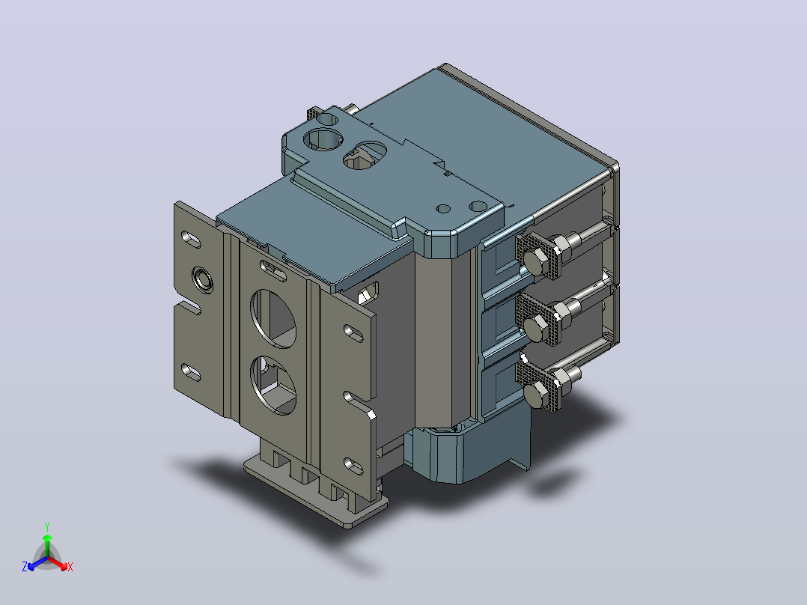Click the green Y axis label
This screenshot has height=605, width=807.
(x=47, y=526)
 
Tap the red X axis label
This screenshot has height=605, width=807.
(x=70, y=567)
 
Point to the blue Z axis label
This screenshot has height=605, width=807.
(x=25, y=567)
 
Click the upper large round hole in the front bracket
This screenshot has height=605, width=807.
(x=273, y=317)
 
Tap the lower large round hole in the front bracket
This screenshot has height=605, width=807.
(x=273, y=385)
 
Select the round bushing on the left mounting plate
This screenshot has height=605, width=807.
(x=202, y=279)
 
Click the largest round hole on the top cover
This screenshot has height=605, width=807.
(x=323, y=139)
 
